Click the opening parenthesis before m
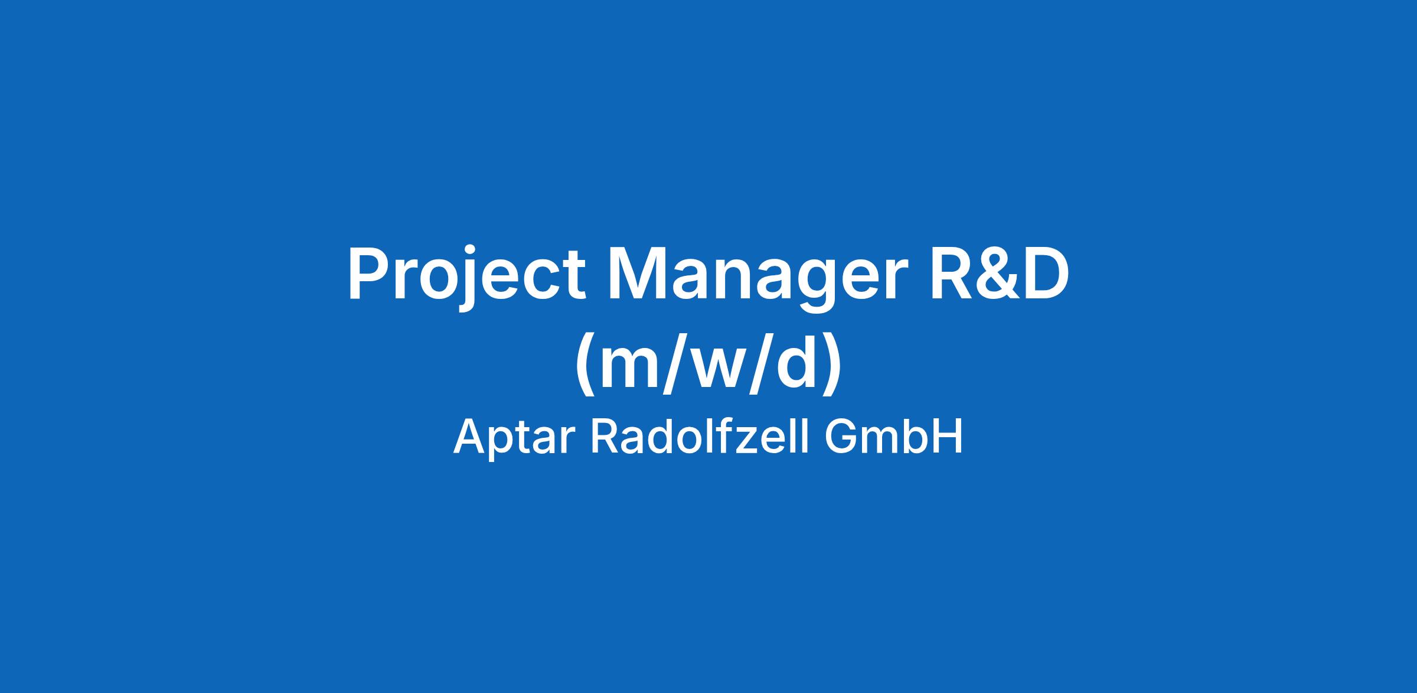click(x=586, y=366)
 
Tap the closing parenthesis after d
click(x=831, y=366)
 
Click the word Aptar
click(x=514, y=438)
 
